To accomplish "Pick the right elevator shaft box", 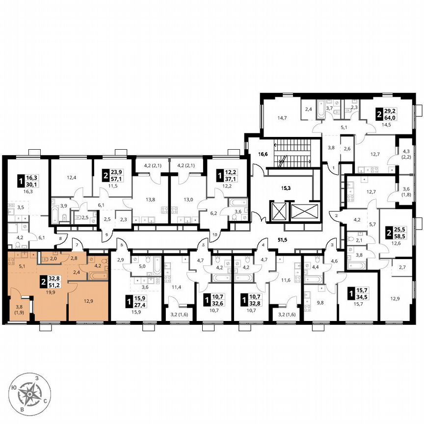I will click(x=304, y=212).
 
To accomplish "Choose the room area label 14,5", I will click(x=386, y=125).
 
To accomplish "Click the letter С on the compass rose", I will click(x=45, y=401).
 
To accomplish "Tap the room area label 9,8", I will click(x=320, y=303).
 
